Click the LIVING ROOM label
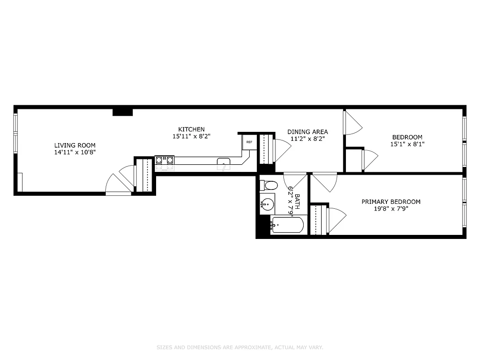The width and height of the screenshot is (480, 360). (x=75, y=145)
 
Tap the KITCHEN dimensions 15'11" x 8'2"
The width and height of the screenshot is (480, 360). (x=191, y=136)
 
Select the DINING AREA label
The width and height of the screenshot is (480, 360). (x=308, y=132)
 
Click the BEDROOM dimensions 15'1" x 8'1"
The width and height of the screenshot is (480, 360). (x=407, y=144)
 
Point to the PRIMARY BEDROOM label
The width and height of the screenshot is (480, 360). (x=391, y=202)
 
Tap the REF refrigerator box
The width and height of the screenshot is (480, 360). (x=249, y=142)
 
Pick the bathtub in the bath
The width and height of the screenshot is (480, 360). (x=287, y=225)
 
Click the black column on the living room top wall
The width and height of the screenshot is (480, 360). (x=122, y=112)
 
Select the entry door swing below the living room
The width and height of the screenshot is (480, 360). (x=117, y=184)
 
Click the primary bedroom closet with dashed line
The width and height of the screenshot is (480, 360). (x=318, y=220)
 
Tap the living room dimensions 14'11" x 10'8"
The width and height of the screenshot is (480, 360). (x=75, y=153)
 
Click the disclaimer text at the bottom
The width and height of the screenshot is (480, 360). (x=240, y=347)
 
